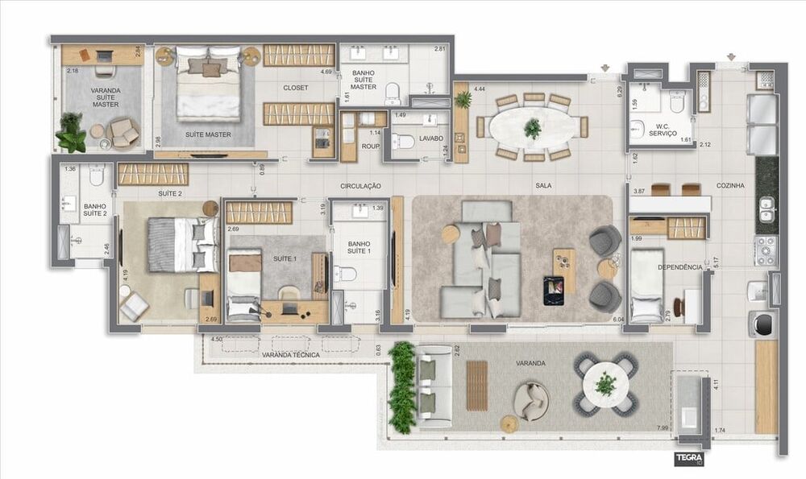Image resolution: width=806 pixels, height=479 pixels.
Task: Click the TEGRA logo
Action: [x=689, y=460]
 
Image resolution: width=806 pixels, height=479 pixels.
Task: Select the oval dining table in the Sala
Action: [x=532, y=128]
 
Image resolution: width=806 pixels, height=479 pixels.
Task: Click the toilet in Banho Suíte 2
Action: [x=98, y=174]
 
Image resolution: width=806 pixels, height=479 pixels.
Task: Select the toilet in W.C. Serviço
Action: [x=677, y=102]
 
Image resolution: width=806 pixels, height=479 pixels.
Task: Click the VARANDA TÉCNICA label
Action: [x=290, y=354]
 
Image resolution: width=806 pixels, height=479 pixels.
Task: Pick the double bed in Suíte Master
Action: [x=209, y=85]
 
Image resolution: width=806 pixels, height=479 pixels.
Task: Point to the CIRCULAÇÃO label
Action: [x=359, y=185]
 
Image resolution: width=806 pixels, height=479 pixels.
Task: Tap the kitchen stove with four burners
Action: [x=764, y=250]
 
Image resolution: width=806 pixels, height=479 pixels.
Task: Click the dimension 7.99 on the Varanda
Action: [x=663, y=427]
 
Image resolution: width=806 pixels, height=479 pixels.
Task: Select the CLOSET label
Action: [x=295, y=88]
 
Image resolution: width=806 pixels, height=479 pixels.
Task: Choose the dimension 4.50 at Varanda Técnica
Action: [x=216, y=340]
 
